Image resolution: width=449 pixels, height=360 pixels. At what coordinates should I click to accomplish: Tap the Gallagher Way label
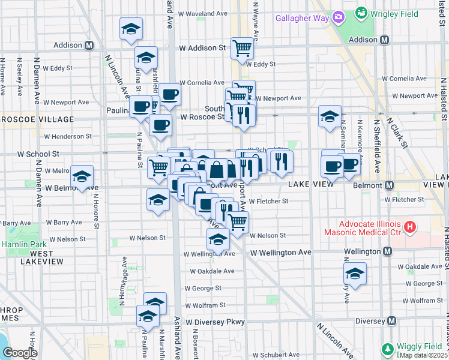tap(302, 17)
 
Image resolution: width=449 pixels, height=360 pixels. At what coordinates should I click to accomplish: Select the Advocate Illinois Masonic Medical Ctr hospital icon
tap(409, 227)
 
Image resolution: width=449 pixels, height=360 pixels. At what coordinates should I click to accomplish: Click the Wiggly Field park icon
tap(387, 349)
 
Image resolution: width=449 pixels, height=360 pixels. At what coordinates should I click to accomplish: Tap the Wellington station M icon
tap(388, 251)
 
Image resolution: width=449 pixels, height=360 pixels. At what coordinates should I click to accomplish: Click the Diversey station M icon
tap(392, 321)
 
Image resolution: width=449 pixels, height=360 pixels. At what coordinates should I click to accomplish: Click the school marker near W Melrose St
tap(82, 177)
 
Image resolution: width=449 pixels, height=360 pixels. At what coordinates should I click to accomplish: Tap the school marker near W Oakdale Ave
tap(355, 274)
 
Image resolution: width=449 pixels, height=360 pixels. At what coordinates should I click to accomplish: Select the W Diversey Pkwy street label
tap(215, 322)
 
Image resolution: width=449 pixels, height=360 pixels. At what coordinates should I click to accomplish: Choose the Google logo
tap(20, 353)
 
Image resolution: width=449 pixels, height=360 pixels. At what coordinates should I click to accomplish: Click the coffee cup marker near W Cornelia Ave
tap(169, 94)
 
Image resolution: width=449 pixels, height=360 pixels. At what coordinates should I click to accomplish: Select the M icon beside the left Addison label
tap(89, 45)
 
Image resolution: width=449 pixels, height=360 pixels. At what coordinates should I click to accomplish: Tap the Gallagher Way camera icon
tap(339, 17)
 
